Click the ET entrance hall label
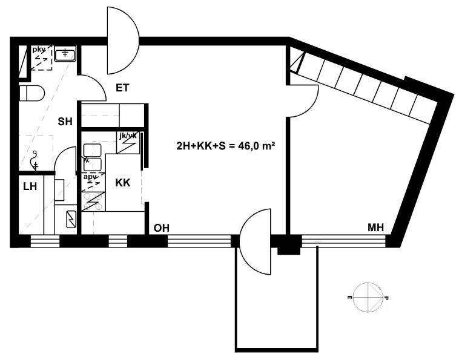pos(122,88)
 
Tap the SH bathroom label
pos(65,122)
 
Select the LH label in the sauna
pos(30,186)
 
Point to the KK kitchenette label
pos(123,183)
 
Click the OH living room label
pos(162,228)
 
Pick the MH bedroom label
pos(375,227)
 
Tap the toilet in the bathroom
pos(31,93)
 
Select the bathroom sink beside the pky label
pos(65,53)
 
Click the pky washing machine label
pos(39,49)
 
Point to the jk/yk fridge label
pos(128,136)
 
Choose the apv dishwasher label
pos(90,177)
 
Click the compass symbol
pos(368,298)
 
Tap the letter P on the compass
pos(386,298)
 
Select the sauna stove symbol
pos(71,219)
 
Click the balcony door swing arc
pos(245,241)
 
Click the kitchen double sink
pos(92,157)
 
